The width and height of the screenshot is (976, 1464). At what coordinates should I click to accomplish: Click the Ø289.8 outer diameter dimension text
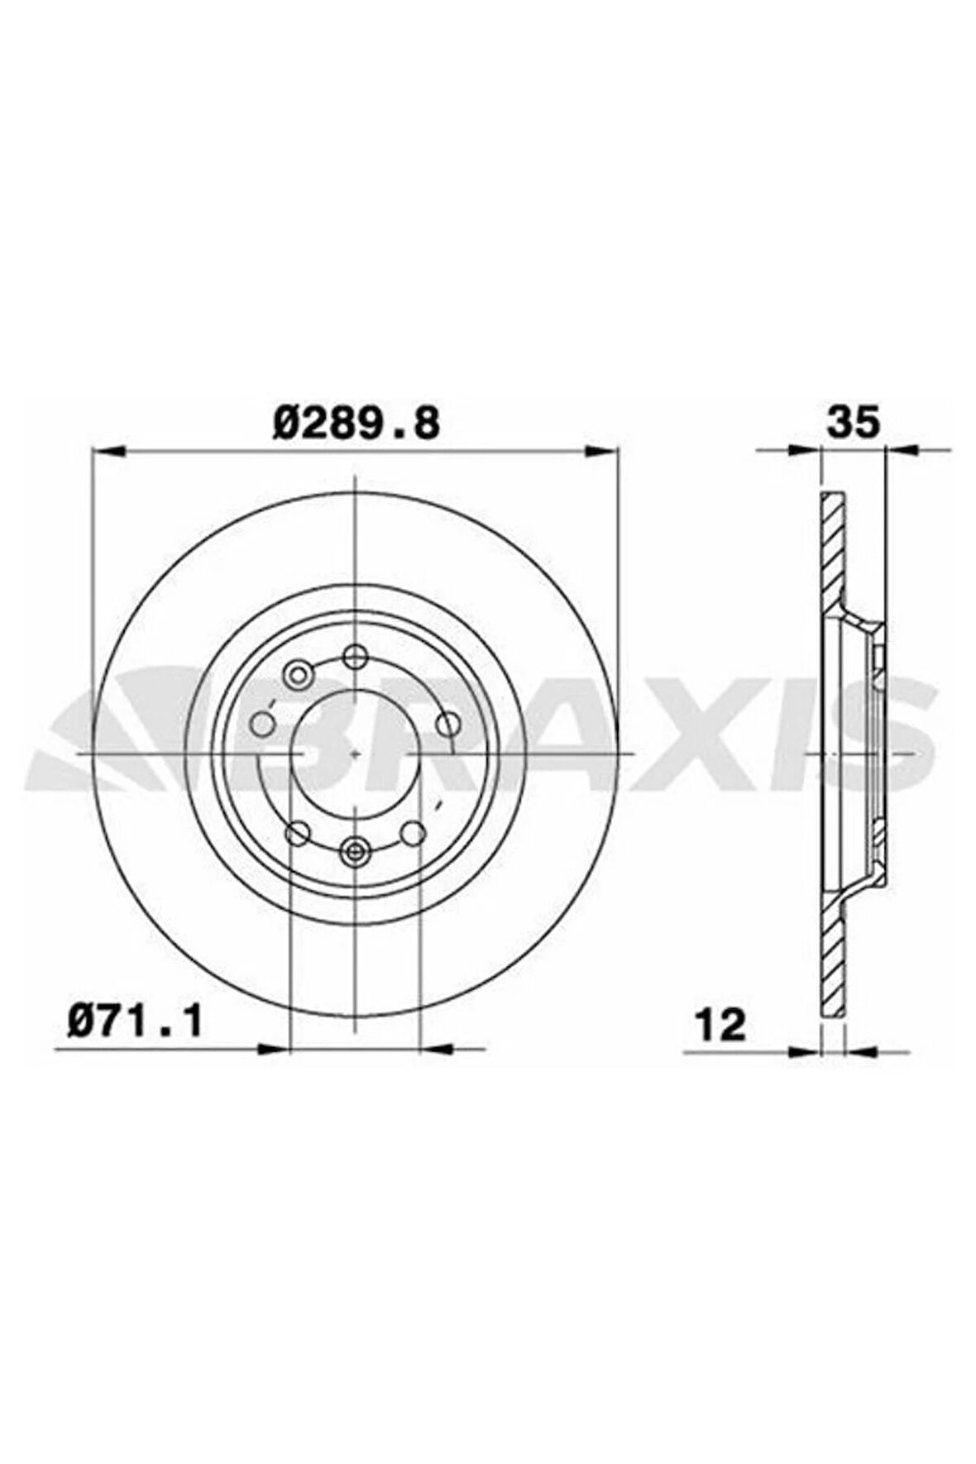pyautogui.click(x=354, y=423)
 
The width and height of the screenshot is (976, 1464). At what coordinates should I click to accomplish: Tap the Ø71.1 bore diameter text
pyautogui.click(x=134, y=1023)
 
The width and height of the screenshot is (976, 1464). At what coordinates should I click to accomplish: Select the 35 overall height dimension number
pyautogui.click(x=852, y=423)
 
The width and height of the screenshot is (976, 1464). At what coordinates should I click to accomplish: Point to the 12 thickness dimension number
pyautogui.click(x=721, y=1026)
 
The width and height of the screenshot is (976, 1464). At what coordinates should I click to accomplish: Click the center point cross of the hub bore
pyautogui.click(x=355, y=754)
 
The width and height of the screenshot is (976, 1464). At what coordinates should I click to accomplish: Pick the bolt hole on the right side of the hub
pyautogui.click(x=447, y=725)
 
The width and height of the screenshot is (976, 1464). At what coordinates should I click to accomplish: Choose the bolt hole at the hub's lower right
pyautogui.click(x=414, y=833)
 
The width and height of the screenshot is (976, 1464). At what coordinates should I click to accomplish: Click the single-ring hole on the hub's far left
pyautogui.click(x=262, y=725)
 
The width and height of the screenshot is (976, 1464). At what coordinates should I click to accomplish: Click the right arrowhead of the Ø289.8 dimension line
pyautogui.click(x=602, y=450)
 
